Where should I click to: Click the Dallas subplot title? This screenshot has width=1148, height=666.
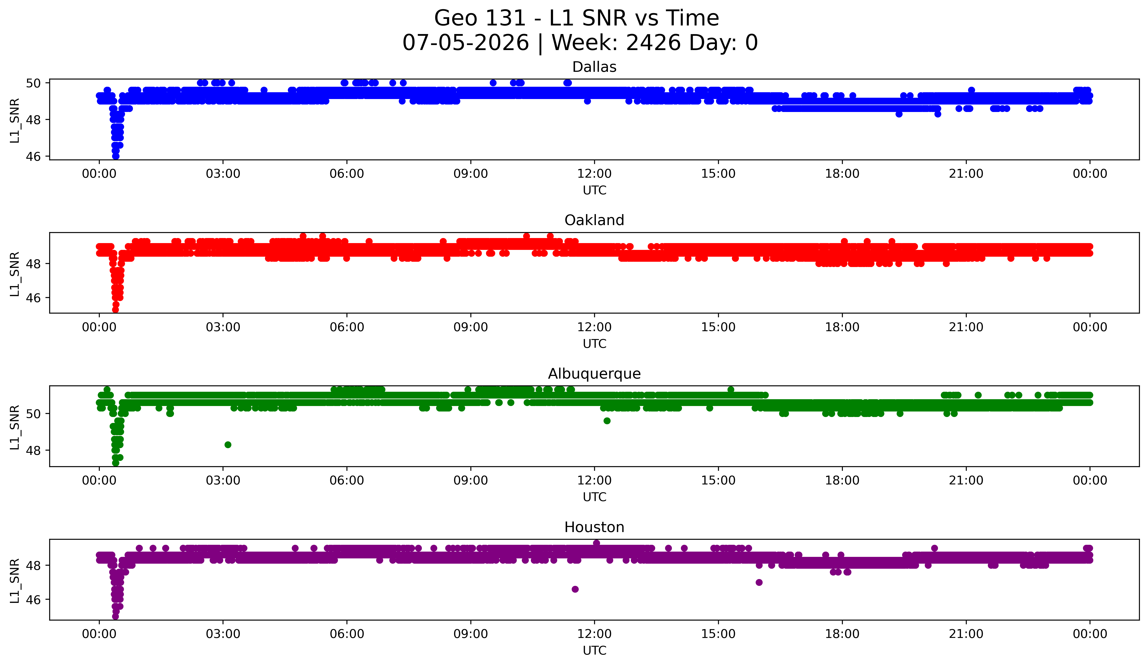click(x=594, y=67)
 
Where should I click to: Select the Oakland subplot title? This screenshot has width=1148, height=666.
click(x=594, y=220)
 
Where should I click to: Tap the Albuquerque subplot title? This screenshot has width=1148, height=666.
click(x=594, y=374)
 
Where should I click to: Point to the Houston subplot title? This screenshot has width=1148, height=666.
click(x=594, y=527)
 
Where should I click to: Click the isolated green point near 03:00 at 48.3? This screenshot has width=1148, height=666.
click(x=228, y=445)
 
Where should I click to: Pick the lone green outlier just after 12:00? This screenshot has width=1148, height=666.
click(x=607, y=421)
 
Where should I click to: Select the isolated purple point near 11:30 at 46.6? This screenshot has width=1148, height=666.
click(x=575, y=589)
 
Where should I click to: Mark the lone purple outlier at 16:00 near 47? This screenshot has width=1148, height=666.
click(x=759, y=582)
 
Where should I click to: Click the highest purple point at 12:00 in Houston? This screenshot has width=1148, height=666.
click(x=596, y=543)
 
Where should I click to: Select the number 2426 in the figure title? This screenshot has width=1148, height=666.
click(x=654, y=43)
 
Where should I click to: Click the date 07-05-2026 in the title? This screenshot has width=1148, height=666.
click(x=466, y=43)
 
